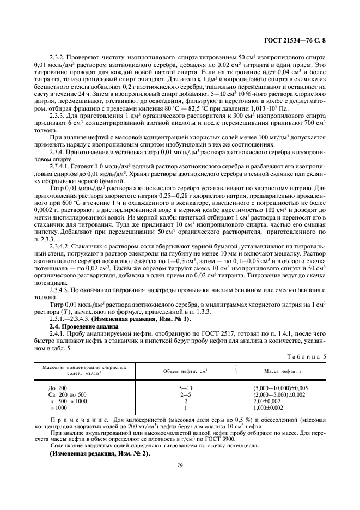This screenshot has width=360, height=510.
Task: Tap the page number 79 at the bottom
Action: click(180, 465)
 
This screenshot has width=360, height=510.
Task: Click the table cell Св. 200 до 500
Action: click(68, 394)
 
